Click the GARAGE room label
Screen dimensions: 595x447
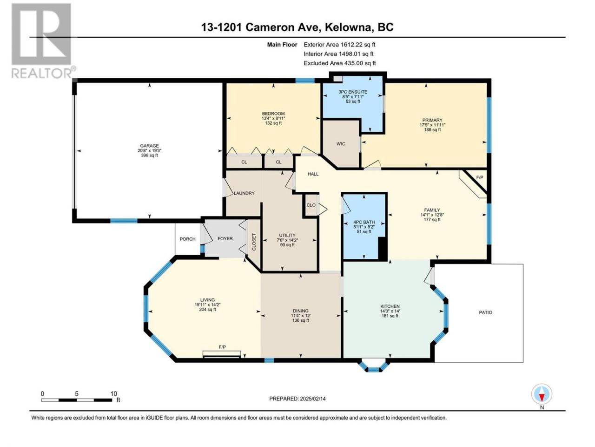[x=149, y=146]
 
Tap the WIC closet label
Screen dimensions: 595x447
[x=341, y=144]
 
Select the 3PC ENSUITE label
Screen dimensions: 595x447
[x=353, y=92]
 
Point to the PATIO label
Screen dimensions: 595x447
[x=485, y=312]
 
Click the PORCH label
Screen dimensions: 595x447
[x=188, y=239]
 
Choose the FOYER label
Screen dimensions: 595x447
[x=225, y=238]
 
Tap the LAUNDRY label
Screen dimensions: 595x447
[x=244, y=193]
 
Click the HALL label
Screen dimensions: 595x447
[x=313, y=174]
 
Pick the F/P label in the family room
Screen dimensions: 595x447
[x=480, y=177]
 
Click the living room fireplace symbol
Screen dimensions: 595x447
[x=222, y=354]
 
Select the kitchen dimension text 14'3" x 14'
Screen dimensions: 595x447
[x=390, y=311]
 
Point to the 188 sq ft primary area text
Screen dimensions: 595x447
[x=432, y=130]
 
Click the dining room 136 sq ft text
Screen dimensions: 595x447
[x=301, y=320]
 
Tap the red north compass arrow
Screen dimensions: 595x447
[x=542, y=398]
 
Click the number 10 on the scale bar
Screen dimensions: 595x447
[x=113, y=393]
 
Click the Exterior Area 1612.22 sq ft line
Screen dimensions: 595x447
[x=339, y=45]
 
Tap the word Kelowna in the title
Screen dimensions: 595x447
[x=348, y=27]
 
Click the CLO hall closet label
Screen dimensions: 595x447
[x=311, y=205]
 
